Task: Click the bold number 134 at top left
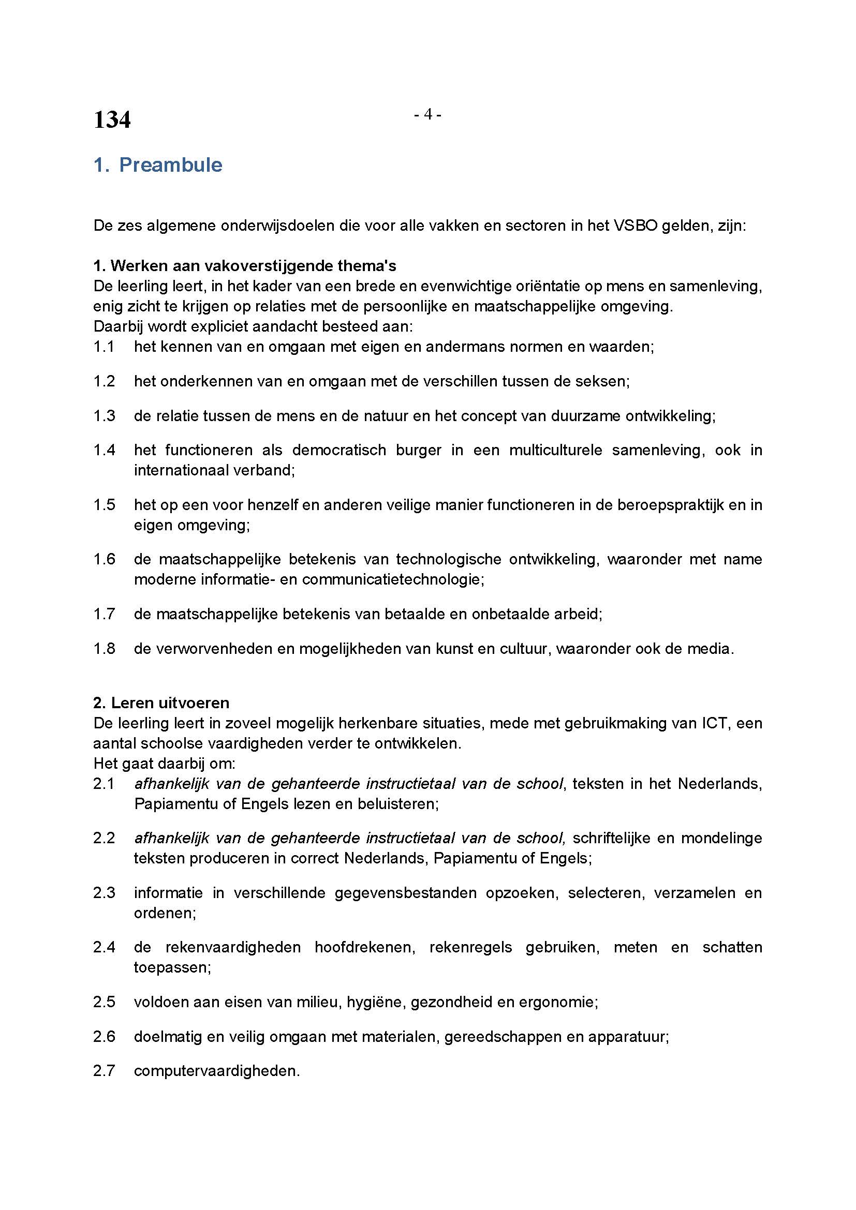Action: [x=112, y=120]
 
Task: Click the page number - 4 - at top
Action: [x=427, y=114]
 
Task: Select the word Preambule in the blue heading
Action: [x=171, y=165]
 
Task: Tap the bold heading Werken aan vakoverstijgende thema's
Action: [x=245, y=265]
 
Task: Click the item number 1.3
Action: [x=104, y=416]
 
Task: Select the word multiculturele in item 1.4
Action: [x=555, y=450]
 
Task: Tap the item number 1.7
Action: [x=104, y=614]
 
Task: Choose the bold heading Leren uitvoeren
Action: [x=161, y=703]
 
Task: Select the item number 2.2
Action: [x=104, y=839]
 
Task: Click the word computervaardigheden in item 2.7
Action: [x=217, y=1071]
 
